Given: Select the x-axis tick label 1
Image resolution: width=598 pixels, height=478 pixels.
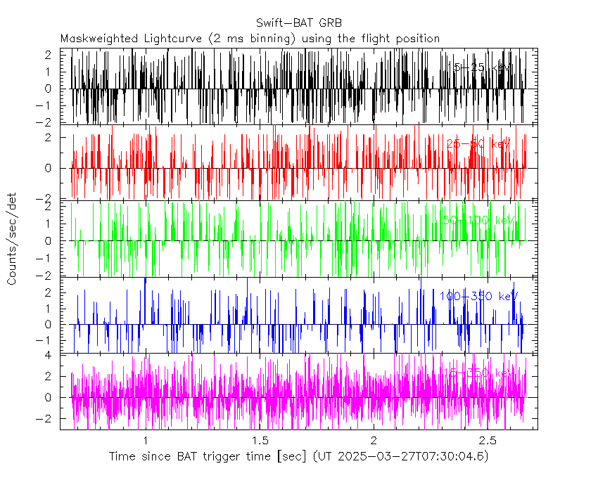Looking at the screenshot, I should [x=146, y=440].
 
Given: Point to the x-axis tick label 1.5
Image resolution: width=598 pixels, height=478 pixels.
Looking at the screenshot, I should [x=260, y=440].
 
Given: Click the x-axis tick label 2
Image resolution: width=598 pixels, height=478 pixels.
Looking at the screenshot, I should [x=374, y=440].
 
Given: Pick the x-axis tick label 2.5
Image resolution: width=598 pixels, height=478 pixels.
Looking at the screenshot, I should [x=488, y=440].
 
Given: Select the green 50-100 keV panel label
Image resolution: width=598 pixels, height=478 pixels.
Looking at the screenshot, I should [x=478, y=220].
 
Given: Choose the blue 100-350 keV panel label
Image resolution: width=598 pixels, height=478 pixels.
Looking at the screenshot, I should [x=475, y=297].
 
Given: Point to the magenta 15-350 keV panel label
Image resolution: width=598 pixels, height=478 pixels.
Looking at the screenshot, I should [x=476, y=373].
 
